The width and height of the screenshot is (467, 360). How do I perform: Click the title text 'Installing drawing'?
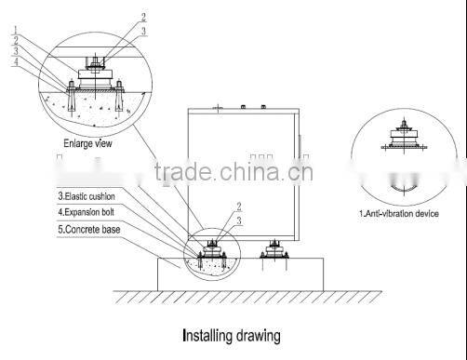230,334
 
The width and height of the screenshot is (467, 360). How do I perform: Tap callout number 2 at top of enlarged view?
143,17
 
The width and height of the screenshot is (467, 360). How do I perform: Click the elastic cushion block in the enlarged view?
95,82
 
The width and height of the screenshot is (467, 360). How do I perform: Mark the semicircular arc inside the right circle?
407,190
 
